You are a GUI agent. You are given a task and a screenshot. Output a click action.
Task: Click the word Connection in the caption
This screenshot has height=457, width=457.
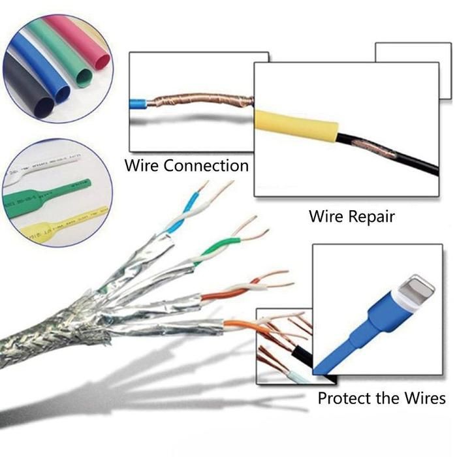coord(206,165)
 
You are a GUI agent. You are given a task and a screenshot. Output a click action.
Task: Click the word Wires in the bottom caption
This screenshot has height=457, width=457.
coord(424,398)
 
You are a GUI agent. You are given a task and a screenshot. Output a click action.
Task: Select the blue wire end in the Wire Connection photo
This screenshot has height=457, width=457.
coord(139,102)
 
